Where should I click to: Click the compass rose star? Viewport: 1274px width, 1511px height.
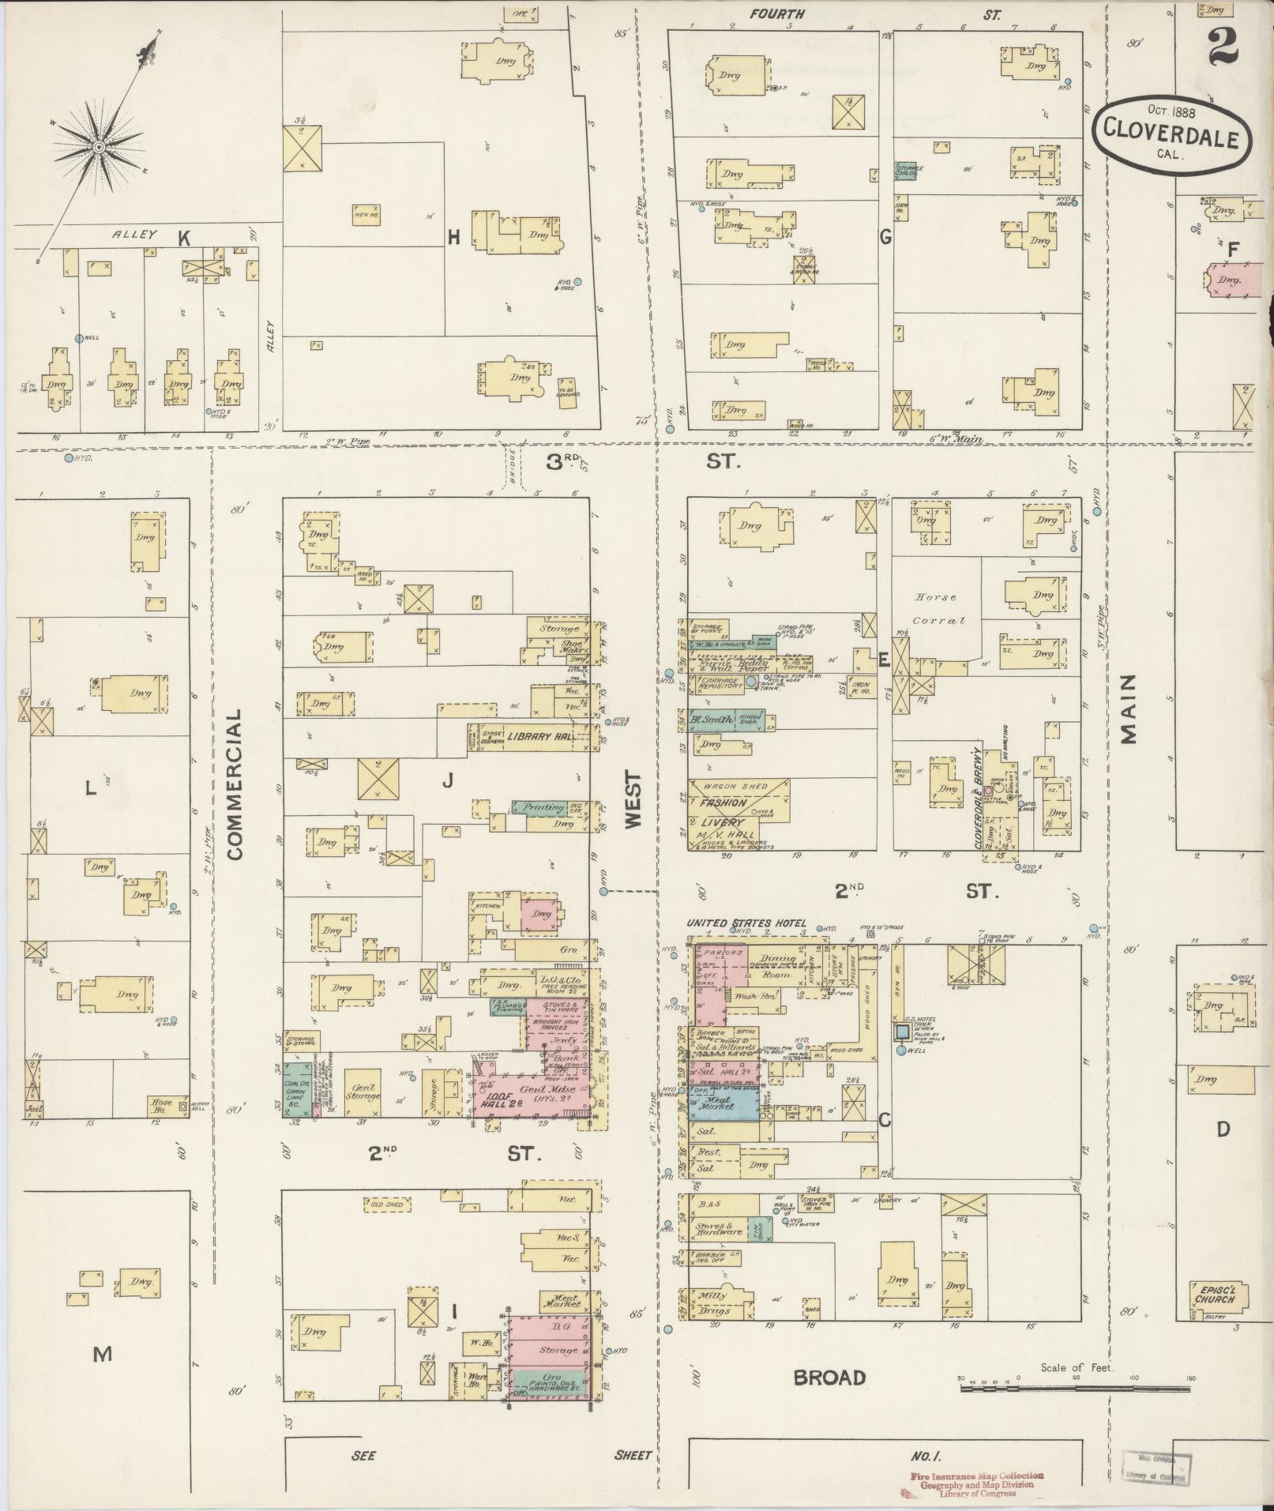99,147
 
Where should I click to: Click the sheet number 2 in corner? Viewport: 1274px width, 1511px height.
1222,46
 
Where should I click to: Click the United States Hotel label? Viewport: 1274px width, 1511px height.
746,923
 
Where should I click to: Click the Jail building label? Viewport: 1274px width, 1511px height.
32,1108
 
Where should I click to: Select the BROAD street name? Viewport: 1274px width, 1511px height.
829,1378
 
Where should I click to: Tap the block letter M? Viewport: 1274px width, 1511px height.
103,1355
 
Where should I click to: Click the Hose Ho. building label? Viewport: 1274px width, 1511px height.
162,1103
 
